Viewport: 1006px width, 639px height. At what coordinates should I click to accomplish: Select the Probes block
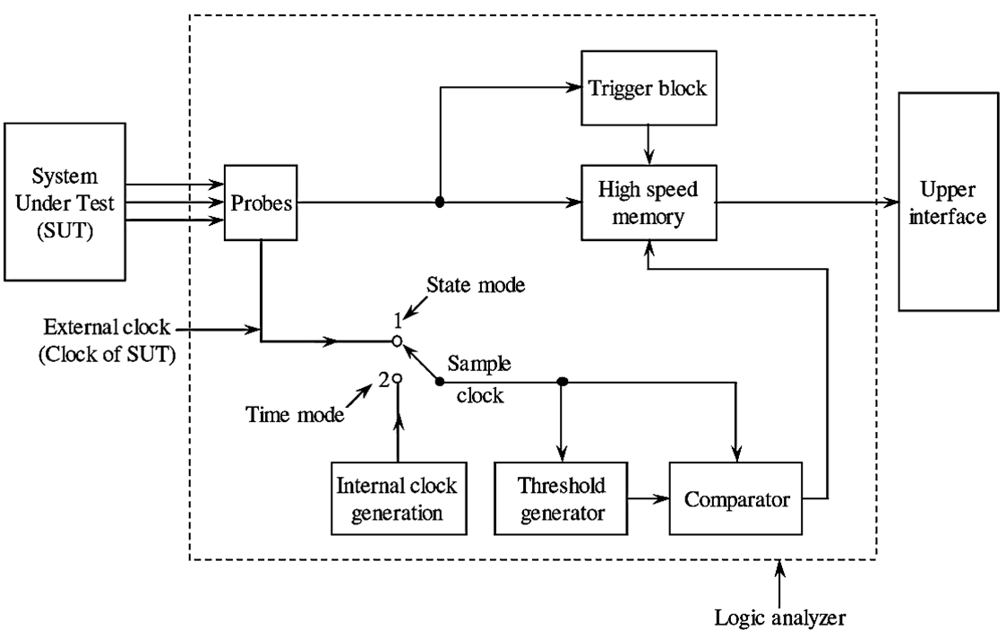261,203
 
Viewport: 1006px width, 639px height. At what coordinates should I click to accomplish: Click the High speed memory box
648,203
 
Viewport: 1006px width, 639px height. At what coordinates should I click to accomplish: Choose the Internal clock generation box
396,499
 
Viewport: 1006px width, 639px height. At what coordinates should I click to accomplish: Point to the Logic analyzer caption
779,617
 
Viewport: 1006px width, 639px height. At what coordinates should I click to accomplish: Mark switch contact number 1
395,341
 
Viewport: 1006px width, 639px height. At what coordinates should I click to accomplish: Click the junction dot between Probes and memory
439,203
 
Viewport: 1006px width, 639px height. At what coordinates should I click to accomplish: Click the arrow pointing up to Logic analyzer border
779,583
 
